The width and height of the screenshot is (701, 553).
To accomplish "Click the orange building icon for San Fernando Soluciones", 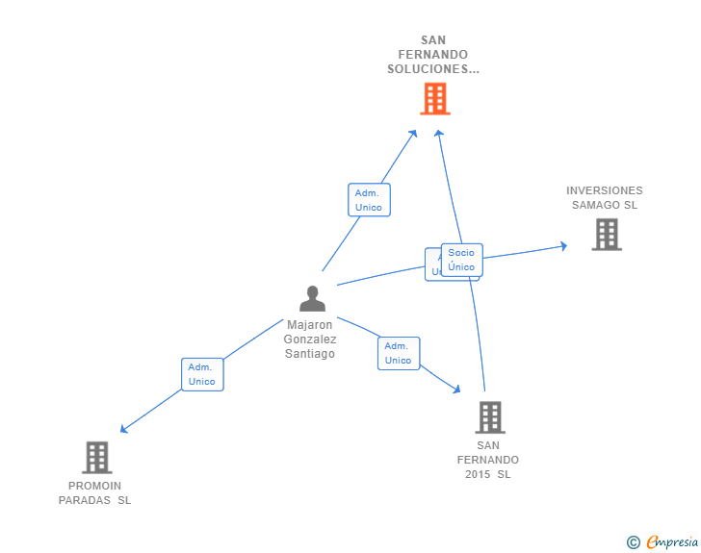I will (435, 98).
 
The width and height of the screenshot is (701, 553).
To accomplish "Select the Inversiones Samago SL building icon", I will (606, 234).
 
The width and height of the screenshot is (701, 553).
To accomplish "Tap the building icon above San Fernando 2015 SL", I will (490, 417).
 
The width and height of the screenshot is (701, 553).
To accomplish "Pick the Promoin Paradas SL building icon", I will (96, 457).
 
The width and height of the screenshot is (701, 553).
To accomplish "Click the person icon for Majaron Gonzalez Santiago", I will (312, 299).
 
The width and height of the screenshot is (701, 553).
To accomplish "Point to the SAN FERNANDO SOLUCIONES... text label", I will (432, 55).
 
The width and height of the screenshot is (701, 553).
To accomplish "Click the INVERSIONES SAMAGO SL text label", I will (605, 197).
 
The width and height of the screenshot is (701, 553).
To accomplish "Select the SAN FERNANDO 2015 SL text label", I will (488, 460).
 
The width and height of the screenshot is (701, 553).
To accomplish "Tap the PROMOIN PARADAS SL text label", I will (94, 492).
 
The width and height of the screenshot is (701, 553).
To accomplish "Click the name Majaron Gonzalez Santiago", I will (310, 339).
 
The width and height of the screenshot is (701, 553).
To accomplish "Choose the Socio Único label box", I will (461, 260).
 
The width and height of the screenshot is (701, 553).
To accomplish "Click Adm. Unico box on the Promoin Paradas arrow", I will (202, 374).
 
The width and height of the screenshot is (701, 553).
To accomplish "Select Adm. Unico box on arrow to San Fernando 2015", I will (399, 353).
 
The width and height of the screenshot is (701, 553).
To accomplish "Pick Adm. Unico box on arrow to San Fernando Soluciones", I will (369, 200).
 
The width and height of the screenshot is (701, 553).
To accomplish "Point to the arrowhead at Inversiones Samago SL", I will (563, 246).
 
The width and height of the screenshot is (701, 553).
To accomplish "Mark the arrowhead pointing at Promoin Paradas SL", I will (124, 429).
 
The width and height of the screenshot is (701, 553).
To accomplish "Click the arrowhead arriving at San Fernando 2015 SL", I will (456, 389).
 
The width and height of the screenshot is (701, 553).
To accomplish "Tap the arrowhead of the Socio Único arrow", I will (438, 133).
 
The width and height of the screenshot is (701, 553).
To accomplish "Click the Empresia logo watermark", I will (672, 542).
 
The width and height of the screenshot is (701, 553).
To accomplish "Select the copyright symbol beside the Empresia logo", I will (634, 542).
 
